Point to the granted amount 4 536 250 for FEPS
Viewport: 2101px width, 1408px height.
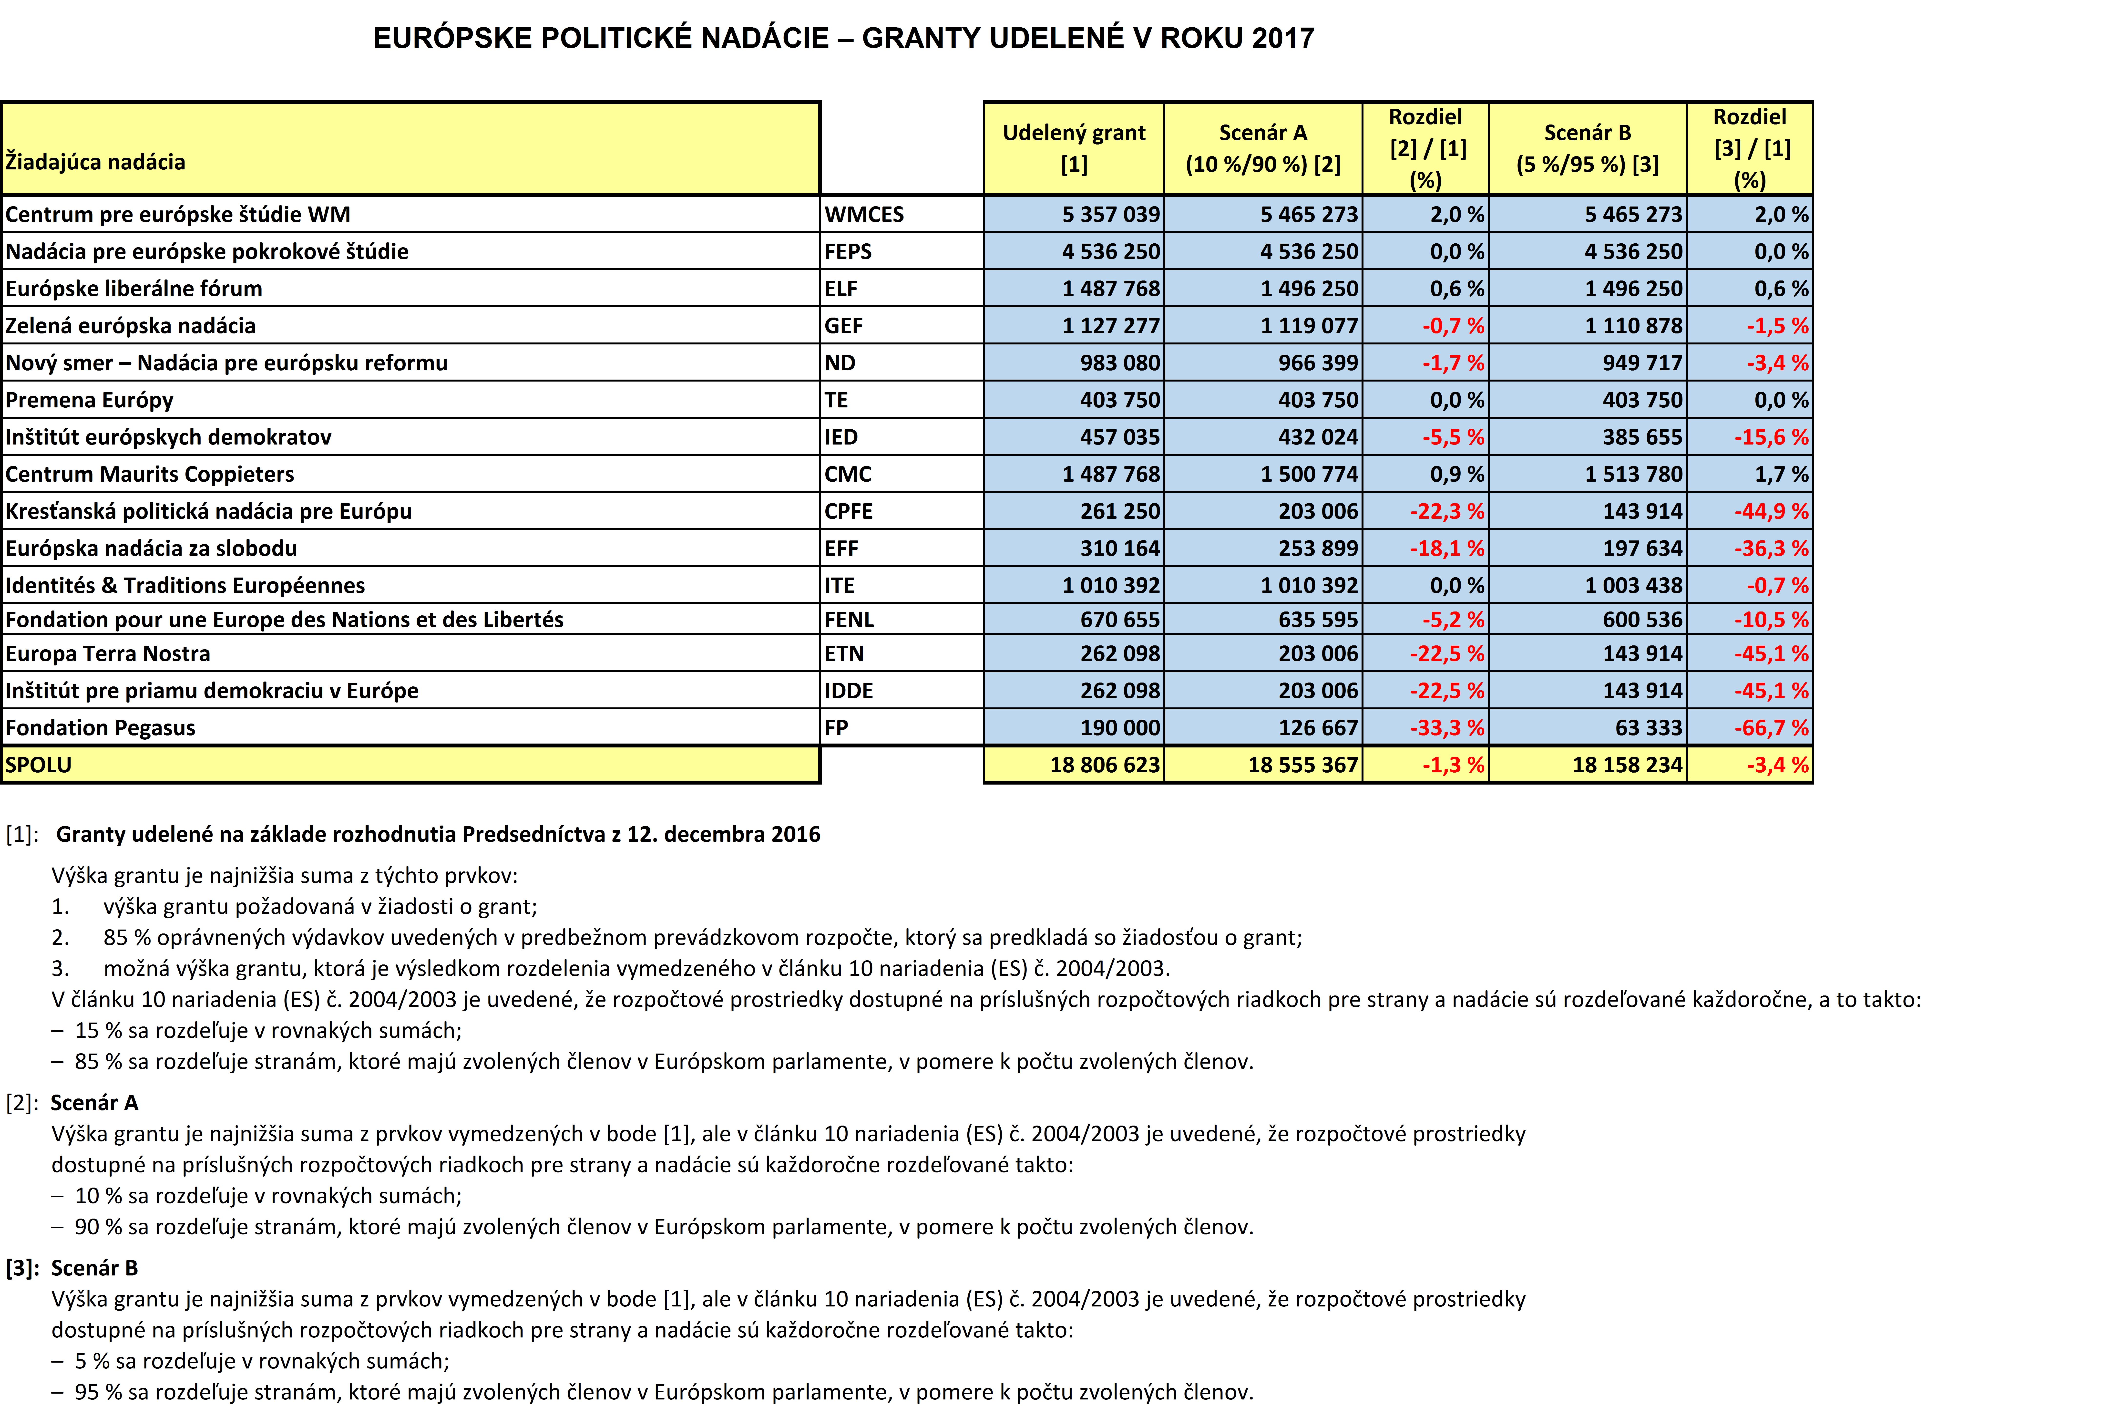[1111, 251]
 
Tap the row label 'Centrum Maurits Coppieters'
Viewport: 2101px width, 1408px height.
[150, 474]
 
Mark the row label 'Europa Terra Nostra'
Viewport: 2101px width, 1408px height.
[108, 654]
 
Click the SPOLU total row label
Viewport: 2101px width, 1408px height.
[39, 765]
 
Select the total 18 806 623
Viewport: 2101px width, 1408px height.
[1105, 765]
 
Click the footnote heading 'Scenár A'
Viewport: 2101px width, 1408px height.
[94, 1103]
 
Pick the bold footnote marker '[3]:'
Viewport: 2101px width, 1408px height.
[22, 1268]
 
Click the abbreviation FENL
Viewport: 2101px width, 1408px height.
[849, 620]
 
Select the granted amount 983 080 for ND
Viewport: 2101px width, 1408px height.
[1120, 363]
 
